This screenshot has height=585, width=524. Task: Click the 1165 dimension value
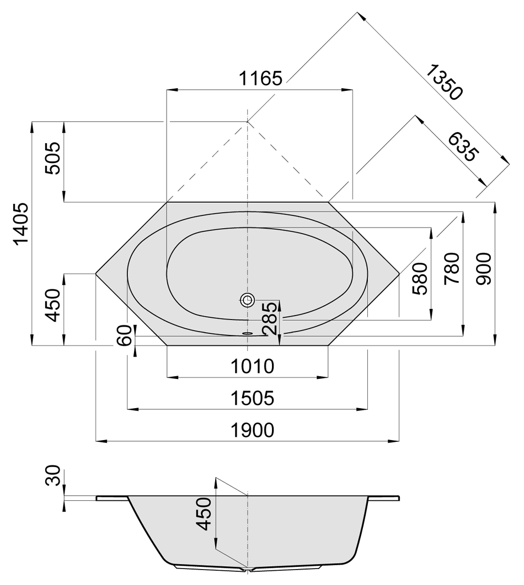pos(260,78)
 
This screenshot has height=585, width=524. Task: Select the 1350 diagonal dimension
pos(445,82)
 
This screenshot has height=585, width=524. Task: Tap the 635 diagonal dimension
pos(461,147)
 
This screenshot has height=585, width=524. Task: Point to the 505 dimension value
pos(54,159)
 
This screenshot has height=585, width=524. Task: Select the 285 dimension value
pos(270,319)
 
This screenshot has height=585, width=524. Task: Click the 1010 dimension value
pos(252,366)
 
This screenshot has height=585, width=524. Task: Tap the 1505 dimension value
pos(252,398)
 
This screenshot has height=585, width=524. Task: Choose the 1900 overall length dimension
pos(252,430)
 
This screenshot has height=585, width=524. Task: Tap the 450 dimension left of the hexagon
pos(54,306)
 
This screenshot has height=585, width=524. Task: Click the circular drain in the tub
pos(247,300)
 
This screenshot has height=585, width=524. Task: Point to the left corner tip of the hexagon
pos(97,273)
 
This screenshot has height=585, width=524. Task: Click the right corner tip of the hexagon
pos(398,273)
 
